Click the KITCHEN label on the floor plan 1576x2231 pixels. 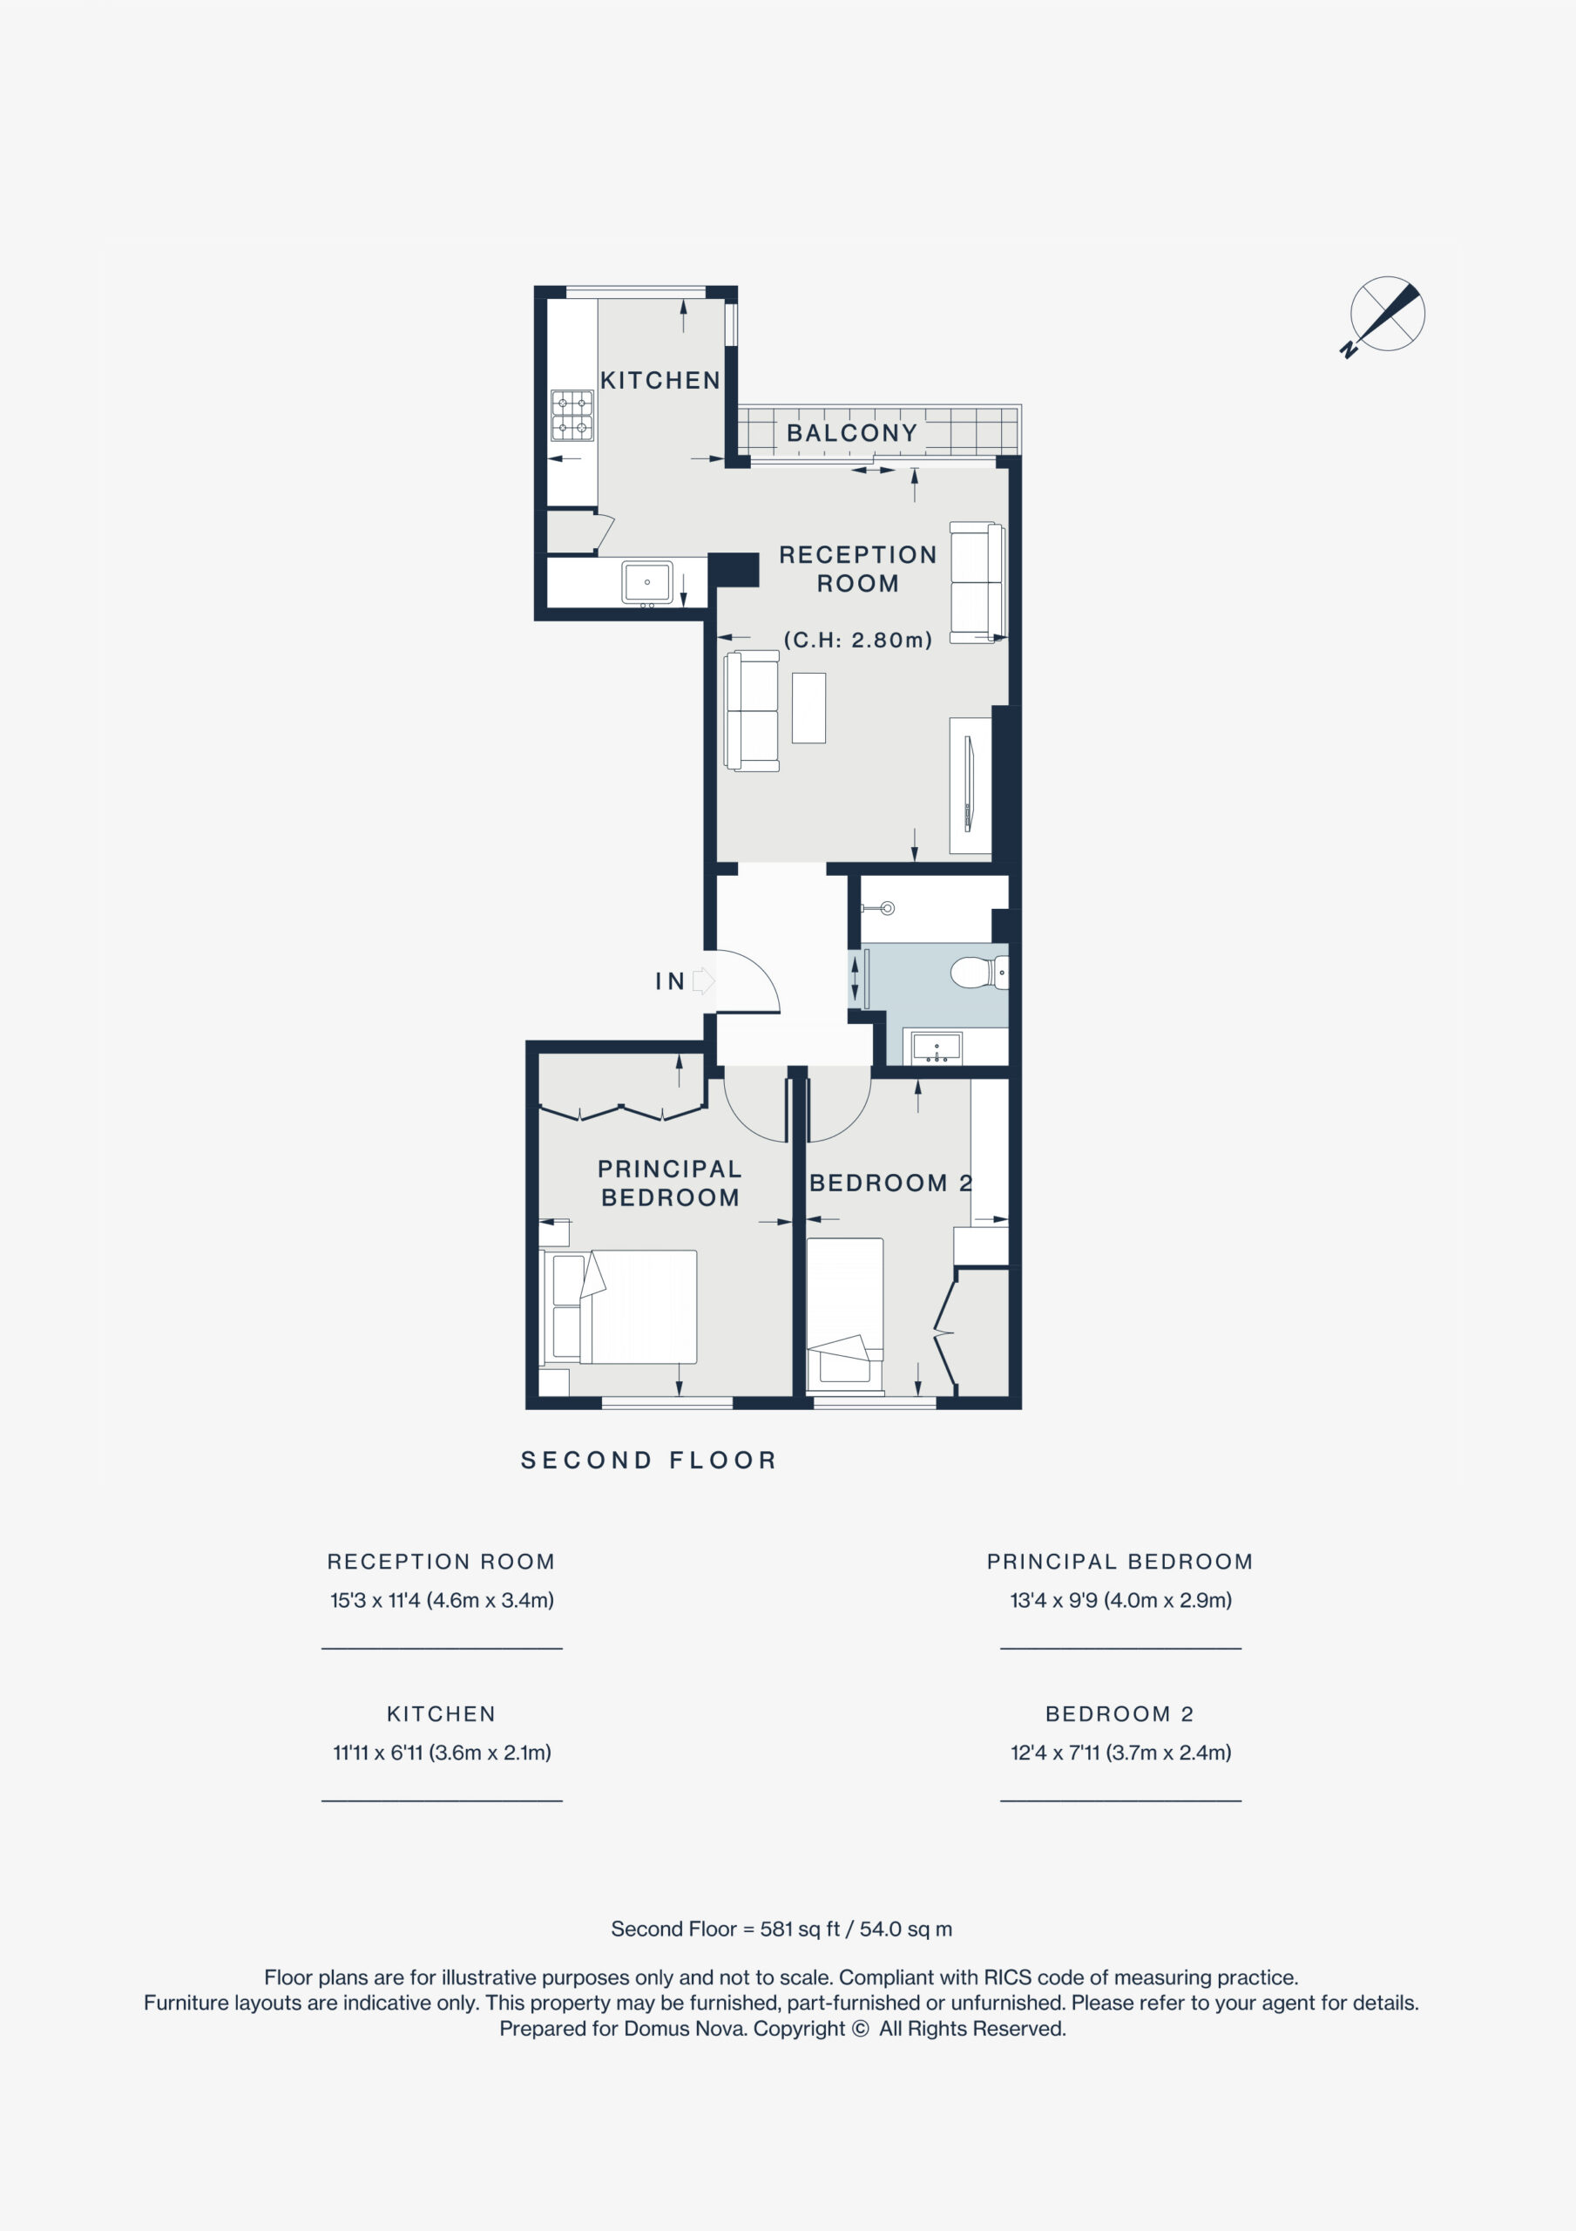(659, 380)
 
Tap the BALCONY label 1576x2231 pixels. (852, 432)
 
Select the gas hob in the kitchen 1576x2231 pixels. (572, 415)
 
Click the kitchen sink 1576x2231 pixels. (647, 582)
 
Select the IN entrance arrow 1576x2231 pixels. (703, 981)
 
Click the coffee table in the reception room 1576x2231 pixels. (808, 709)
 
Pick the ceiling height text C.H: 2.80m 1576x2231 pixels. (858, 640)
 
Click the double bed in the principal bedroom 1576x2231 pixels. (618, 1307)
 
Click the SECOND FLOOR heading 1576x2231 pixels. (649, 1461)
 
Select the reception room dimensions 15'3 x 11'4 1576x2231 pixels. (442, 1600)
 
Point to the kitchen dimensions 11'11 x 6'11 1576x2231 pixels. (442, 1753)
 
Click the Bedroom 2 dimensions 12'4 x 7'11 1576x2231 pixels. (1120, 1753)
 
